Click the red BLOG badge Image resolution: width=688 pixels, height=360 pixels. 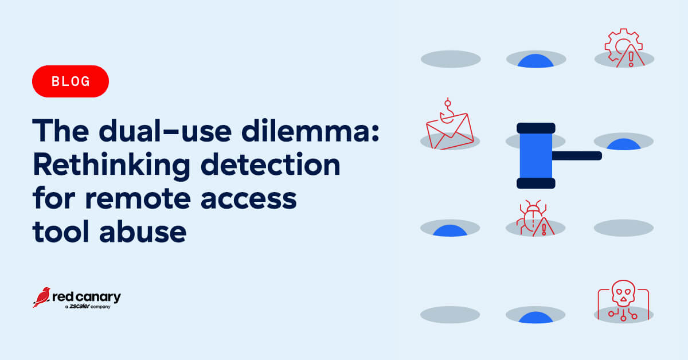[x=71, y=81]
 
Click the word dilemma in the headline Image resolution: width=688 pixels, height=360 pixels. [x=310, y=131]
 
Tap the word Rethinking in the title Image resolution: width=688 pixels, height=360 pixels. [x=111, y=166]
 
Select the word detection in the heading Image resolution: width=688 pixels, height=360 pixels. [x=270, y=165]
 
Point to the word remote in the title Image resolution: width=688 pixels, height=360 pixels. [x=138, y=198]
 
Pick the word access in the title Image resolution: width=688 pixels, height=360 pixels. [x=248, y=199]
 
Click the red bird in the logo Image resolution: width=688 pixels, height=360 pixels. [x=42, y=298]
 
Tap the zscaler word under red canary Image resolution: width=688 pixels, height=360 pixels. [x=80, y=306]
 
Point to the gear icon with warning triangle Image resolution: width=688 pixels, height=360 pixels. [x=624, y=48]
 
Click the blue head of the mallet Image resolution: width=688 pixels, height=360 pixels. [x=536, y=156]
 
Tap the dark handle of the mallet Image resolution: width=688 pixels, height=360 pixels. [x=577, y=156]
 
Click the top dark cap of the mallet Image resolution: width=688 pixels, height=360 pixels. [x=536, y=128]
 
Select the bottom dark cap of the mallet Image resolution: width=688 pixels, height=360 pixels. [x=536, y=183]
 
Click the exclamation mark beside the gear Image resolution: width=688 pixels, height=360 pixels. [x=631, y=59]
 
